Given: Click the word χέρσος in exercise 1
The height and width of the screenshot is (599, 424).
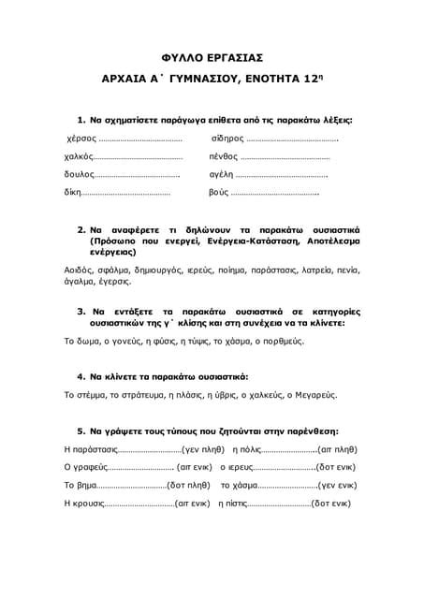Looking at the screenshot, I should tap(73, 139).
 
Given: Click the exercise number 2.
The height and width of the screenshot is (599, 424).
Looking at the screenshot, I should tap(81, 229).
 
